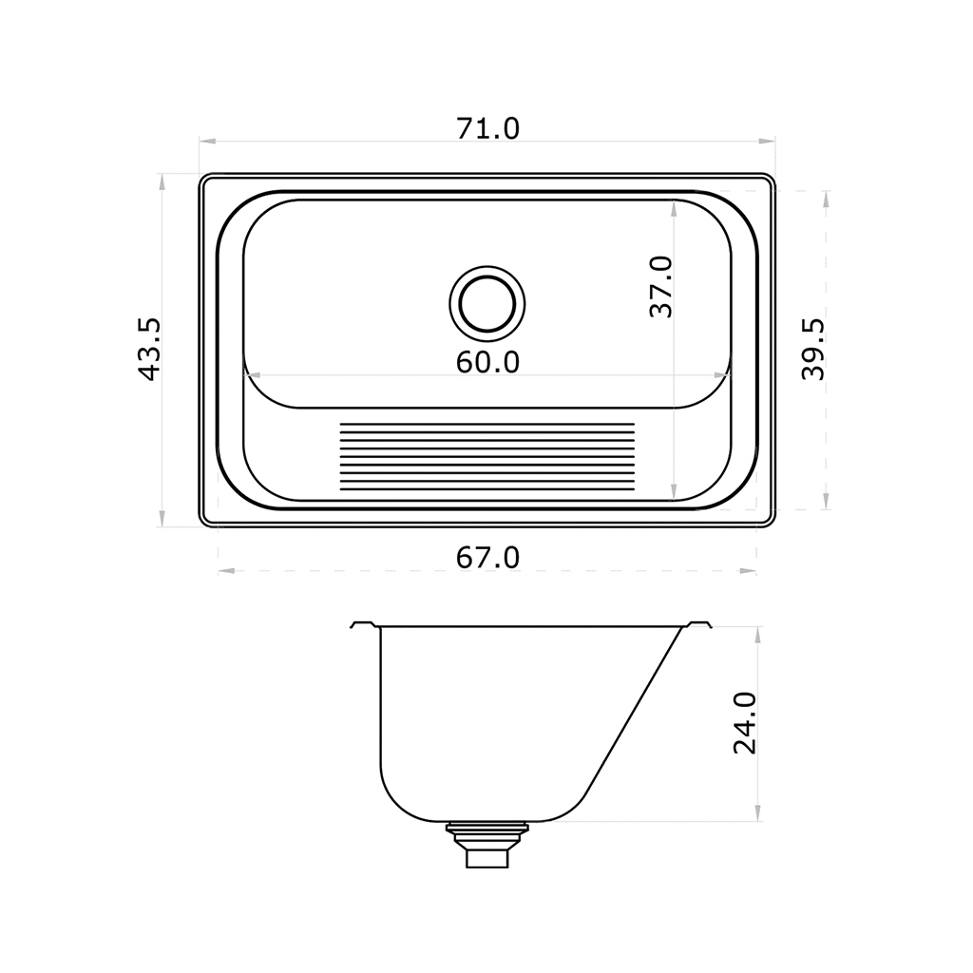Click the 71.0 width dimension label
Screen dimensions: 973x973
487,128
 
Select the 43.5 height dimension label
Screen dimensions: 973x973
149,350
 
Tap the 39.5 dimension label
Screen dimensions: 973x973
813,350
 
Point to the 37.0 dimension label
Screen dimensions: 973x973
661,287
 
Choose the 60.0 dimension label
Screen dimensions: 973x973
487,362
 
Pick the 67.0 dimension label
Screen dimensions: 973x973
487,558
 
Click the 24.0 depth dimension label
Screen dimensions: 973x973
745,723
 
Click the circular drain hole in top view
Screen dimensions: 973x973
487,304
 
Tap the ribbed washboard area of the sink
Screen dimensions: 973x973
487,456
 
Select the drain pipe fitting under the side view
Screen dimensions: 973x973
487,845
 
